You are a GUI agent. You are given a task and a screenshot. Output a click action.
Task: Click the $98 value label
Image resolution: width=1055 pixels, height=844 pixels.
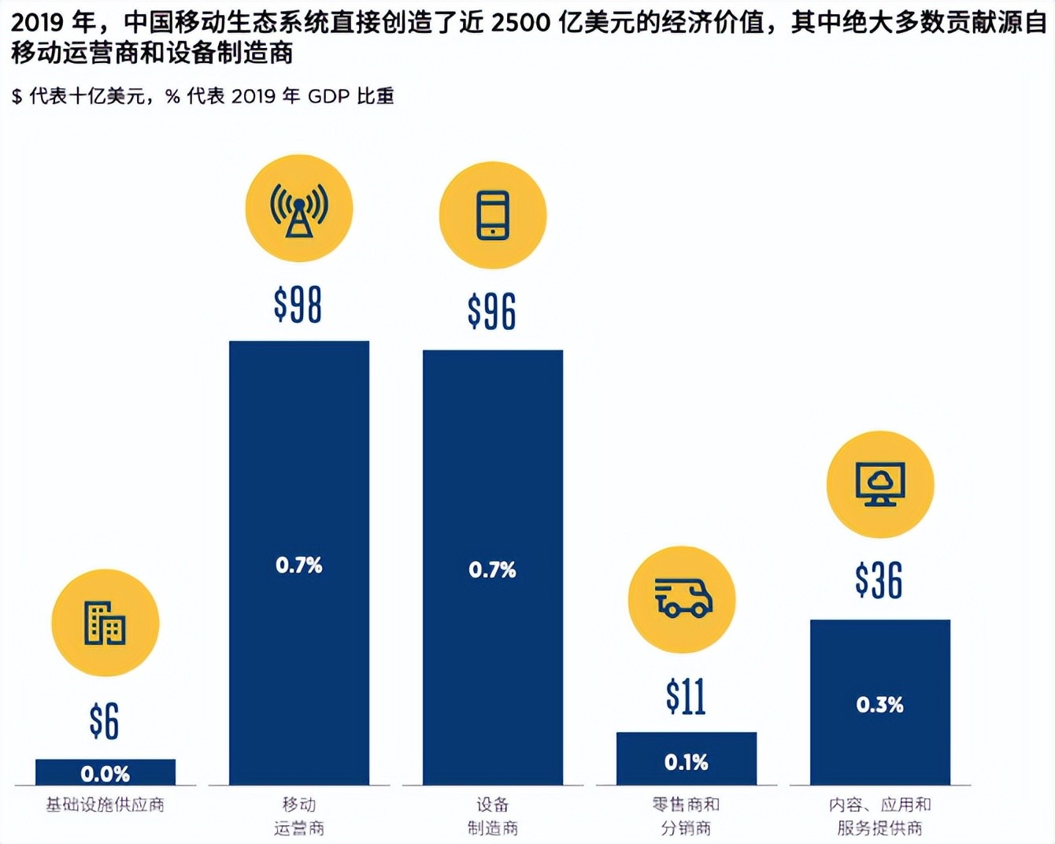298,305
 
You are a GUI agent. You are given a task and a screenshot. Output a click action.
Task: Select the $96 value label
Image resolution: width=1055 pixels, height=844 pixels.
492,311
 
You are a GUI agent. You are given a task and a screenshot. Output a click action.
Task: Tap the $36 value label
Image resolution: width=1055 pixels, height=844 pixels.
879,581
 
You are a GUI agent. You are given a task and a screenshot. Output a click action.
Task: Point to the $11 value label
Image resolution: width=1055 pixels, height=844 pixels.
686,697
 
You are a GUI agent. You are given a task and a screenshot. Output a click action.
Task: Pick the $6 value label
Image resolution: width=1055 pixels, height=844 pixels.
105,721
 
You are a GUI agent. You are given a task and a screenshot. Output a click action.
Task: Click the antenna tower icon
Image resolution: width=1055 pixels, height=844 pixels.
299,209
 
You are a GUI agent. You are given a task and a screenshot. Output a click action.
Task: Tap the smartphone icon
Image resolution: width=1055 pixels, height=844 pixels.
493,215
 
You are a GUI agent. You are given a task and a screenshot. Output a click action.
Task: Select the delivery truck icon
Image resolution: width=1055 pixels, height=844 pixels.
683,599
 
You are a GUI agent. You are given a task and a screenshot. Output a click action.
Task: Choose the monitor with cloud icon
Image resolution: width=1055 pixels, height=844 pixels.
880,484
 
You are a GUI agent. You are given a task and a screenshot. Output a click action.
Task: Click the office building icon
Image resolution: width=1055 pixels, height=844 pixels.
105,623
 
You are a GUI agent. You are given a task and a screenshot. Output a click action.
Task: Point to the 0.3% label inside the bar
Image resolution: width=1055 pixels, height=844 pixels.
879,705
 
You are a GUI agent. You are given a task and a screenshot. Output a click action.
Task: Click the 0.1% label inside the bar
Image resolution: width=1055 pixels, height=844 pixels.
686,762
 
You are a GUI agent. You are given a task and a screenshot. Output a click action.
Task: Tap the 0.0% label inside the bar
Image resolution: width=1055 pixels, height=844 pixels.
105,774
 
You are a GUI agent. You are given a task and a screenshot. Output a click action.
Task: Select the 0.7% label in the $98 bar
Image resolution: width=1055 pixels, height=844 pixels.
299,565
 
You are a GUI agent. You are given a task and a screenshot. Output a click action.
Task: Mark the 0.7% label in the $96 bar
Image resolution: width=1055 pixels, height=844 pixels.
493,570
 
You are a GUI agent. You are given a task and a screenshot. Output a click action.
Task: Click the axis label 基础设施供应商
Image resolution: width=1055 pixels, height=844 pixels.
105,805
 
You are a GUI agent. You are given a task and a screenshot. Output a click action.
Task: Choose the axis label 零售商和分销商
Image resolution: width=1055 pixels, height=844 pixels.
686,816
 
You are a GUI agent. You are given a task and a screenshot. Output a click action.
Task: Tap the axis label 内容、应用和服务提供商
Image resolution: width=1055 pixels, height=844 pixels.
879,816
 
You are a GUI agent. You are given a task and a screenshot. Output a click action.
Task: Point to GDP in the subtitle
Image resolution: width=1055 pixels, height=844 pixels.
328,96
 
